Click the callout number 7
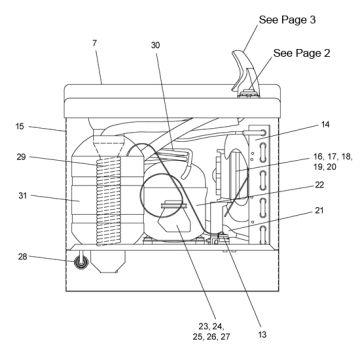(95, 43)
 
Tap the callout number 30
(155, 45)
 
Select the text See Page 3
(287, 20)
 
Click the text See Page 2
(302, 53)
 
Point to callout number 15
(20, 126)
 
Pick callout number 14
(325, 124)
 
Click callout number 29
(21, 157)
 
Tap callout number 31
(22, 196)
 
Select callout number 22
(319, 185)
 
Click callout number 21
(318, 211)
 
